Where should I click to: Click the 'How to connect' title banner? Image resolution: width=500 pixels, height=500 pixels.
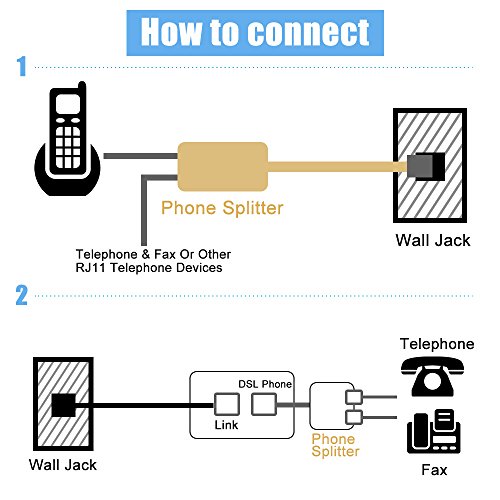pos(255,33)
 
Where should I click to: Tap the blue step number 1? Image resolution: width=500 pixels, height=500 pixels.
pos(22,66)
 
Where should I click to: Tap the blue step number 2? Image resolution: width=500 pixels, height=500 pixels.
pos(22,295)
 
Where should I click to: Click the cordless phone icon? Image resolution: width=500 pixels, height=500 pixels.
pos(67,139)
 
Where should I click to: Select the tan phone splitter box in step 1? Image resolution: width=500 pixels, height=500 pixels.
pos(223,167)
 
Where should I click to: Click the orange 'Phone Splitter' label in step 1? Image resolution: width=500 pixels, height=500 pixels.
pos(222,208)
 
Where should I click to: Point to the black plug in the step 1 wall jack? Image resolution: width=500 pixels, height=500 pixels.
pos(426,167)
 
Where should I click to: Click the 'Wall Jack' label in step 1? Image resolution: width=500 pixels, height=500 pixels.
pos(433,240)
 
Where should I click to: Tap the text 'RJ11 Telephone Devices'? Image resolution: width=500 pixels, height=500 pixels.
pos(149,268)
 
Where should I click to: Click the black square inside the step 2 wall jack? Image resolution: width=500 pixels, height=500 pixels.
pos(64,405)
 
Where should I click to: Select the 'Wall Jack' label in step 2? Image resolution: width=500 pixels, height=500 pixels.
pos(63,465)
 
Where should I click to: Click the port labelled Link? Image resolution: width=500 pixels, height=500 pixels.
pos(227,404)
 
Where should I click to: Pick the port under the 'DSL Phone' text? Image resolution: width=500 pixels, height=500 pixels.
pos(264,404)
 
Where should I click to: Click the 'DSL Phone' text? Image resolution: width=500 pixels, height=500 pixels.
pos(265,384)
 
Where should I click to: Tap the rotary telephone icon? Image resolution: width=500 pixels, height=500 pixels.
pos(432,376)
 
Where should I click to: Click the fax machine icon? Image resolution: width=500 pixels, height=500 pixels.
pos(434,432)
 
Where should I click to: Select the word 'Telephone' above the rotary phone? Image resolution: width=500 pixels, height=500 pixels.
pos(437,344)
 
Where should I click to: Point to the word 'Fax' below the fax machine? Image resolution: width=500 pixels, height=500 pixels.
pos(434,470)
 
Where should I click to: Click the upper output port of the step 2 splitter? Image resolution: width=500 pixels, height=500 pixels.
pos(354,397)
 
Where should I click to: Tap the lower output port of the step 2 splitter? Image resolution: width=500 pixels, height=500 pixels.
pos(354,417)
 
